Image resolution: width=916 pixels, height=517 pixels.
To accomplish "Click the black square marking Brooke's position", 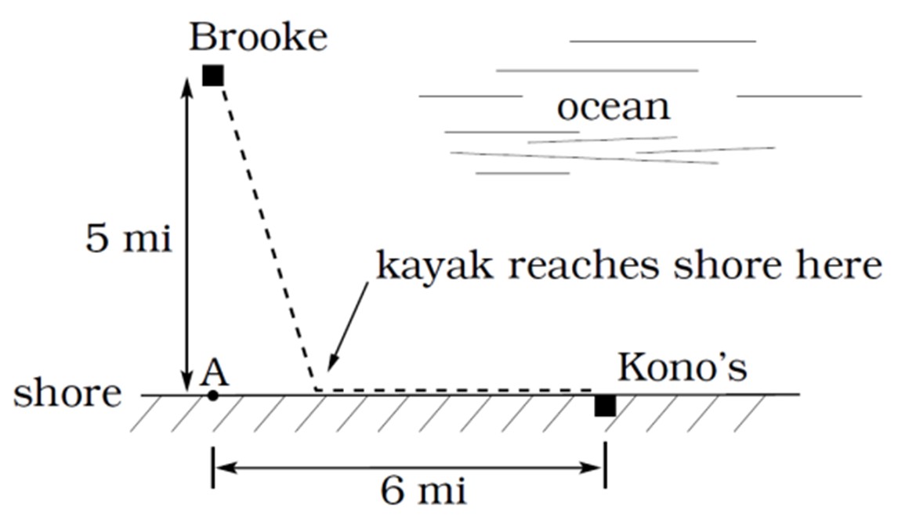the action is [212, 75].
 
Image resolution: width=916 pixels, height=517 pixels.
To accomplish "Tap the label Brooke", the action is [259, 38].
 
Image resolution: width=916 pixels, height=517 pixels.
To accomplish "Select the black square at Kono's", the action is [605, 406].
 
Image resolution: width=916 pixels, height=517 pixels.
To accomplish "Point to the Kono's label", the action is [682, 367].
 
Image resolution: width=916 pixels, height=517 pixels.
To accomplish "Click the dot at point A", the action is [212, 396].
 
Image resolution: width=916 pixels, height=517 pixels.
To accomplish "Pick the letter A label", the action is [215, 372].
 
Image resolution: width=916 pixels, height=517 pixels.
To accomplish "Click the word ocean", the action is [614, 107].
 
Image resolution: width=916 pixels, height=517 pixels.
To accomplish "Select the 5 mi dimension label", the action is [129, 238].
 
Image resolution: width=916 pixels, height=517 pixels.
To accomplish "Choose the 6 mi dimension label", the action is [424, 490].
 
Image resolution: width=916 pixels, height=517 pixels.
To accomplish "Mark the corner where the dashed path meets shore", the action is [316, 389].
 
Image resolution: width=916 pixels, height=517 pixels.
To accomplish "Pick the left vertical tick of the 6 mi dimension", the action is [213, 468].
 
